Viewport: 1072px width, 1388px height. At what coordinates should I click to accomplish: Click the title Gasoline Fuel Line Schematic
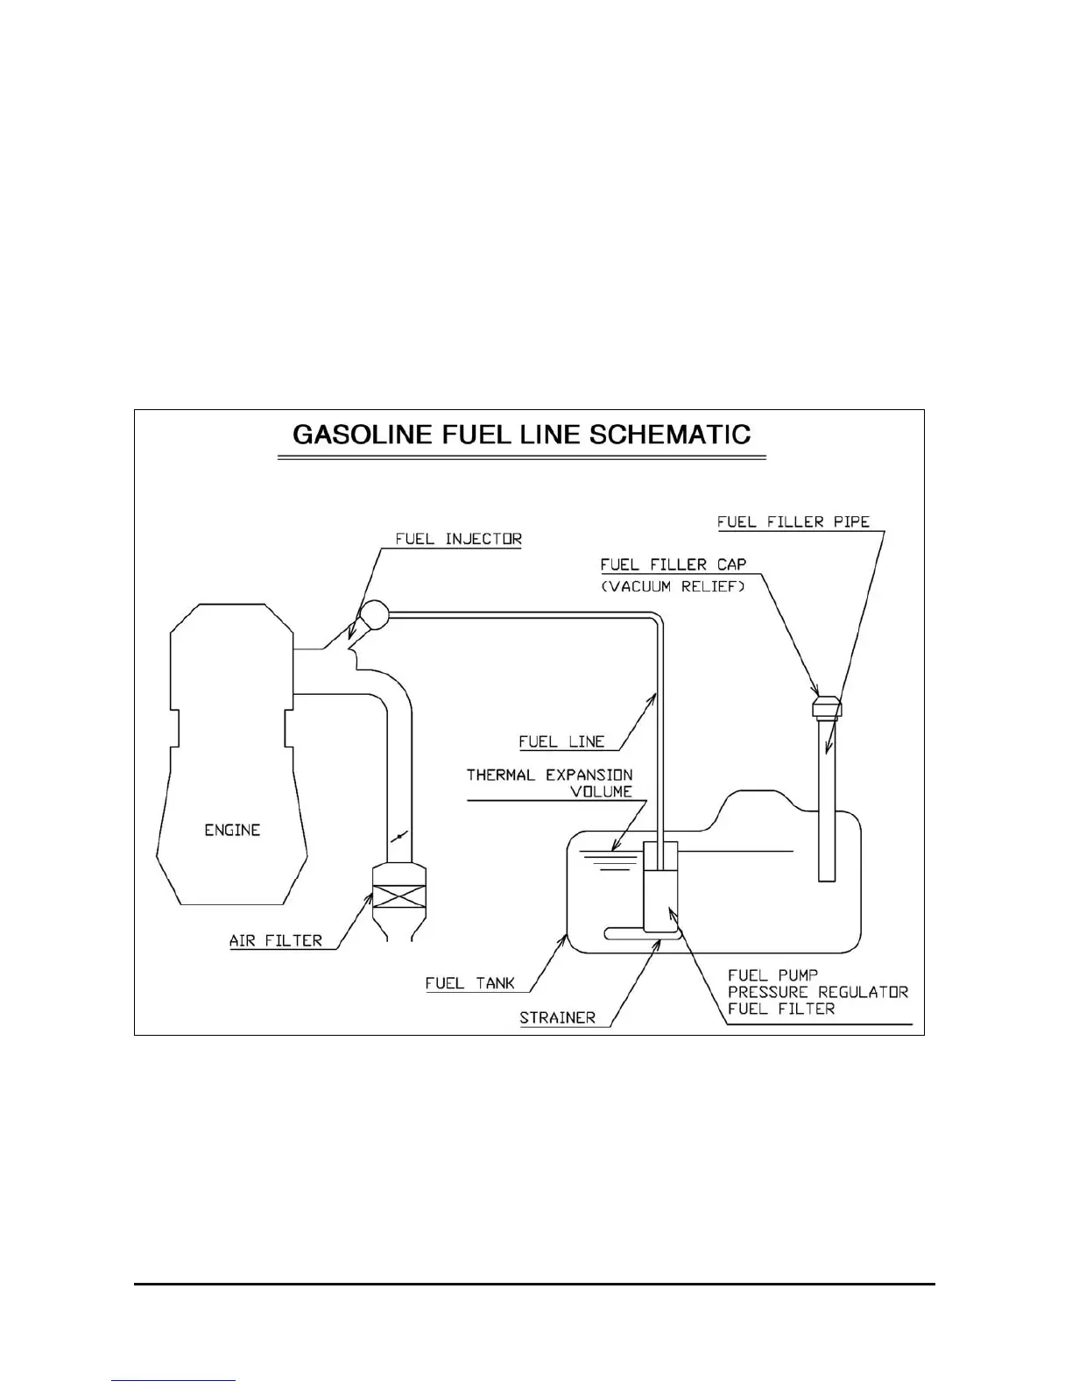[521, 436]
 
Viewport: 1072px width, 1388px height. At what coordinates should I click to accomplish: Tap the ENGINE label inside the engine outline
[232, 830]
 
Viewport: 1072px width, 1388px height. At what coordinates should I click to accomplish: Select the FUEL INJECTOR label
[458, 539]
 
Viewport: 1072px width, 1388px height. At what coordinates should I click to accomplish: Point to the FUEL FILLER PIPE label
[793, 522]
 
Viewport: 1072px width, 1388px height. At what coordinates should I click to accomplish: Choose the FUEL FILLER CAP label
[674, 565]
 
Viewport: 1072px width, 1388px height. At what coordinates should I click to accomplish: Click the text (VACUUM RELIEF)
[673, 586]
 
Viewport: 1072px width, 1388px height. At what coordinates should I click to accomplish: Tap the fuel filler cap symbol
[827, 705]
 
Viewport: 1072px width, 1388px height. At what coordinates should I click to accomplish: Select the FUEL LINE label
[561, 742]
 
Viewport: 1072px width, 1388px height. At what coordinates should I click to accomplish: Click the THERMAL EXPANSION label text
[549, 775]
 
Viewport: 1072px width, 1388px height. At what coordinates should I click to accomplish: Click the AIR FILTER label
[276, 941]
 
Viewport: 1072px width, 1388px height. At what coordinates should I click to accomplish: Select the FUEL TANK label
[469, 983]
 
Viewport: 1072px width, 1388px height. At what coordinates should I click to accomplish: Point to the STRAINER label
[557, 1018]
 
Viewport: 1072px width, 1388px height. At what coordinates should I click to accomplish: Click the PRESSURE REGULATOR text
[818, 992]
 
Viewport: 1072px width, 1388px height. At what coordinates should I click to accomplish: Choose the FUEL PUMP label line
[761, 975]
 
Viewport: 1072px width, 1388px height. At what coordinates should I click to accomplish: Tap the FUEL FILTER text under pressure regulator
[781, 1009]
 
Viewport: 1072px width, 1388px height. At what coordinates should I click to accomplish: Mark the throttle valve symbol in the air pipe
[398, 838]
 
